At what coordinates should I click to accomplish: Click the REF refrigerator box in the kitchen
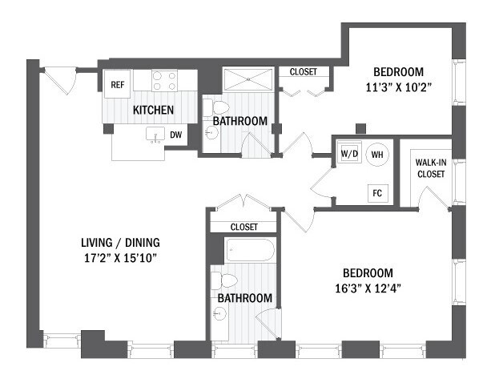pos(118,83)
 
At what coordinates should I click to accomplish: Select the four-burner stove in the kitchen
pos(164,80)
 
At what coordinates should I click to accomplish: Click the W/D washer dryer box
pos(348,153)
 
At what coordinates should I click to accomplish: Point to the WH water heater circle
pos(376,154)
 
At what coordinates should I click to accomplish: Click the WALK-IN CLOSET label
pos(431,167)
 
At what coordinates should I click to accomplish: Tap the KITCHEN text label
pos(154,108)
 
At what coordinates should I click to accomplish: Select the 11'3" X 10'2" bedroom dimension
pos(391,88)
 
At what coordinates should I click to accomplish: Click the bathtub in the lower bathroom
pos(250,250)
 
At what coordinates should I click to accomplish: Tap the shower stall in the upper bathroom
pos(248,80)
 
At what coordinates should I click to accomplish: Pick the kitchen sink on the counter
pos(155,135)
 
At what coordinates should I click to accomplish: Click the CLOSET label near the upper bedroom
pos(303,71)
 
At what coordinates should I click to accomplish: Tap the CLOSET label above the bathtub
pos(243,227)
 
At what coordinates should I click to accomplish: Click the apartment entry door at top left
pos(58,79)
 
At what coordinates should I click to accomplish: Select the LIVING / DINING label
pos(129,242)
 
